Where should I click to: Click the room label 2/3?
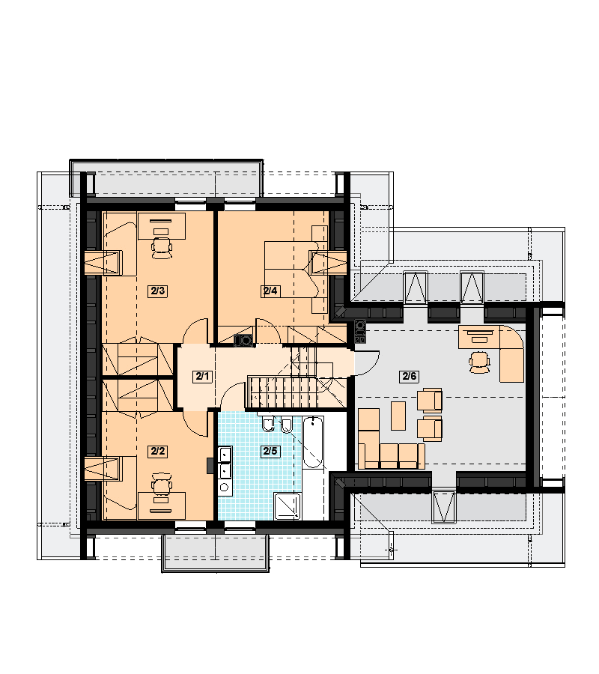[158, 291]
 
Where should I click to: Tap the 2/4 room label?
[270, 291]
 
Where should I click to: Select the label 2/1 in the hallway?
[202, 377]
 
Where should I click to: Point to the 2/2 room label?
[158, 452]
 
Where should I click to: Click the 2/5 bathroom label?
[270, 451]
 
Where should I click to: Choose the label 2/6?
[409, 377]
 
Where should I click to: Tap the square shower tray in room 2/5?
[288, 506]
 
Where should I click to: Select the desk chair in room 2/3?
[162, 249]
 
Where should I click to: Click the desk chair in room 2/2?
[162, 484]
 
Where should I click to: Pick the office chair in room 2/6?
[479, 362]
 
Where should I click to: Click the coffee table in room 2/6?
[398, 416]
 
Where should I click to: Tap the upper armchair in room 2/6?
[430, 400]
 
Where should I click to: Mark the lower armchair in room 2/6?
[430, 428]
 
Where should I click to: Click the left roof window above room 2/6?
[416, 287]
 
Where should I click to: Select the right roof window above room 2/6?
[472, 287]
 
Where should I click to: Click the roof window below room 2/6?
[444, 506]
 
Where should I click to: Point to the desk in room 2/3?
[162, 226]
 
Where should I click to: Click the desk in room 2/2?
[162, 506]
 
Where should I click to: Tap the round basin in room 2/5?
[225, 488]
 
